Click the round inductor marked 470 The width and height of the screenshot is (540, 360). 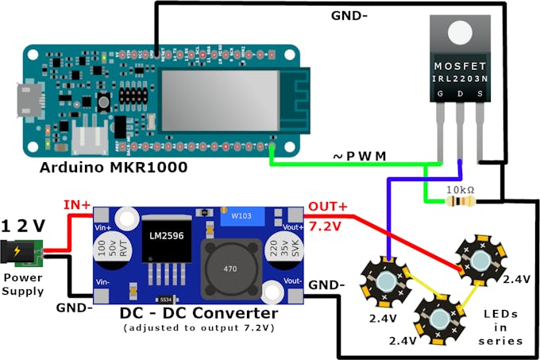(229, 269)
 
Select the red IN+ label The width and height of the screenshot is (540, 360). (77, 205)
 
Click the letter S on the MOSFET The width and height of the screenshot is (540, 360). (479, 94)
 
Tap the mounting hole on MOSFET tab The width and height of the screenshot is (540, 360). (459, 33)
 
